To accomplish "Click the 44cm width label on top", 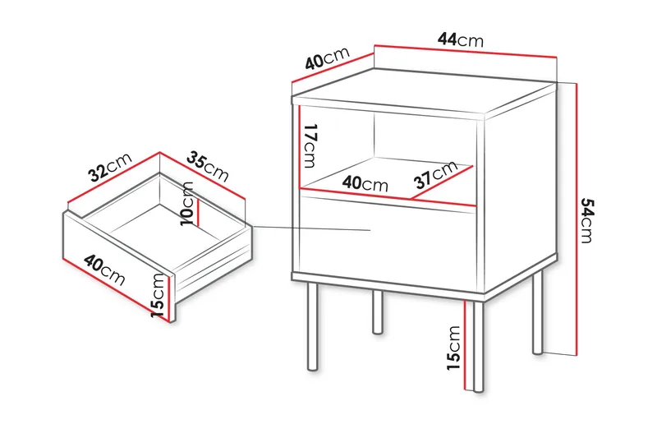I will point(461,39).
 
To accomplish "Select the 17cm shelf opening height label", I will point(310,143).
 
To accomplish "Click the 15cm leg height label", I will point(454,348).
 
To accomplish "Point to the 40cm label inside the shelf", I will point(365,185).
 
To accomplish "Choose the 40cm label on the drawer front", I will point(104,270).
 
